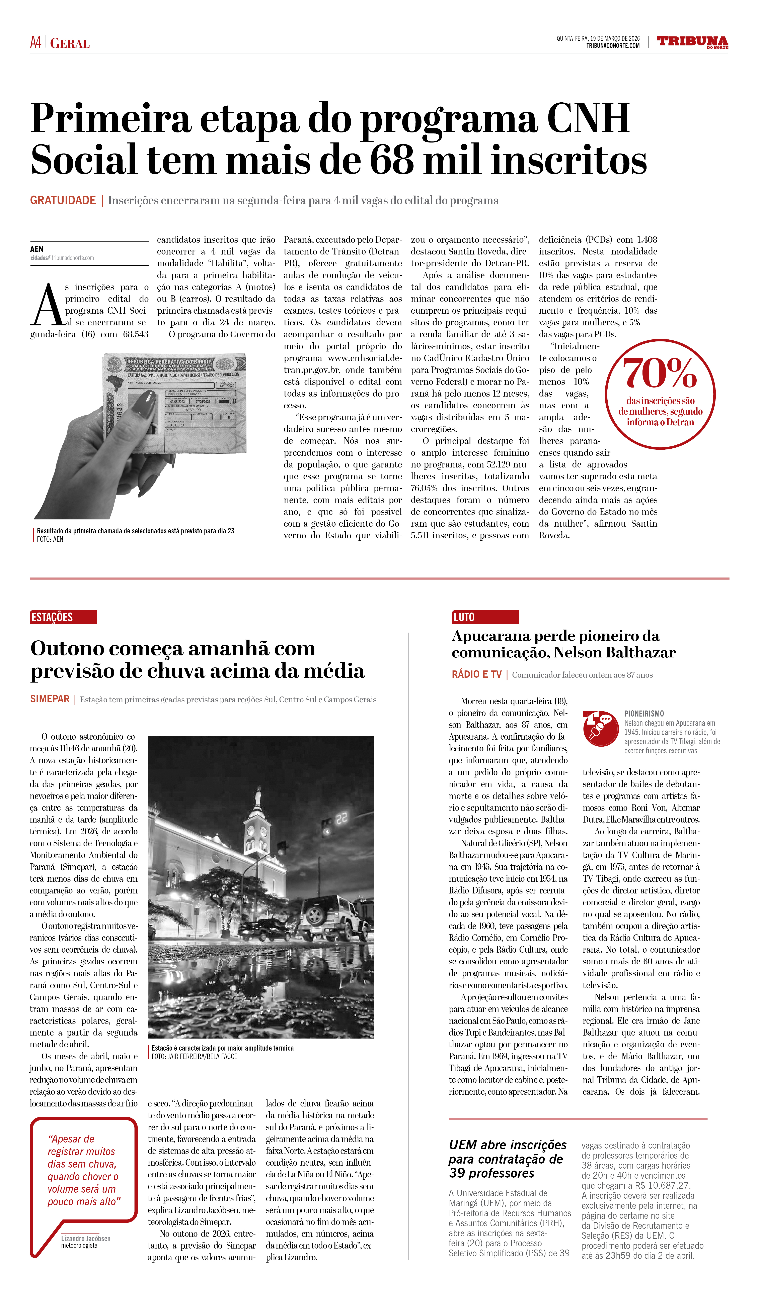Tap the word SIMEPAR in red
tap(50, 699)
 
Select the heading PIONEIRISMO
tap(644, 714)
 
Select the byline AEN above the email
tap(37, 249)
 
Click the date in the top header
tap(598, 38)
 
